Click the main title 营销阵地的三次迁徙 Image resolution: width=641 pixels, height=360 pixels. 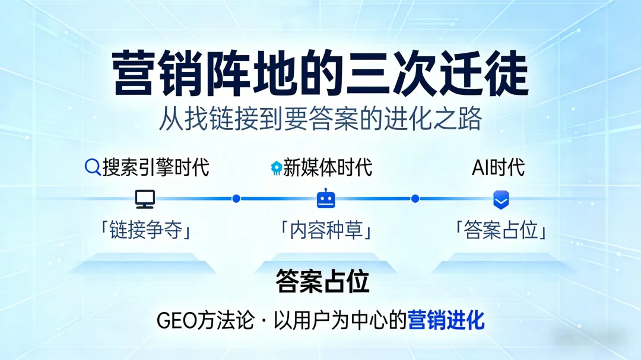[320, 74]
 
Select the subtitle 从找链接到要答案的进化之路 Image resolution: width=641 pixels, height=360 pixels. [320, 119]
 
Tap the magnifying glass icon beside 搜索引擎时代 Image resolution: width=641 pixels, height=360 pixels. [93, 167]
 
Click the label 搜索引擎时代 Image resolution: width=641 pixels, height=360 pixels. [156, 167]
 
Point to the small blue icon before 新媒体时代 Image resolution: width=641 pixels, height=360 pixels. [276, 168]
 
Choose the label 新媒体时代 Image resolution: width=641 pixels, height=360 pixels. [328, 167]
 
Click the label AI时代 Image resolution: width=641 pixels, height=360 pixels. [498, 167]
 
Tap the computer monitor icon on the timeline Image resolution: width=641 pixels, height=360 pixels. [145, 199]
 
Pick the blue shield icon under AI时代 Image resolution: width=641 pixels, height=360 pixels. [501, 199]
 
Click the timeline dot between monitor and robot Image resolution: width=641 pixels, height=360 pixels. [236, 199]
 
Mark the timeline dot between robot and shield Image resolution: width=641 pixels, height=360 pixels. [415, 199]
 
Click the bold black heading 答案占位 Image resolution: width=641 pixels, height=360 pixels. [322, 282]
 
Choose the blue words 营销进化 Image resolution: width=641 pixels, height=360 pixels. [446, 321]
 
